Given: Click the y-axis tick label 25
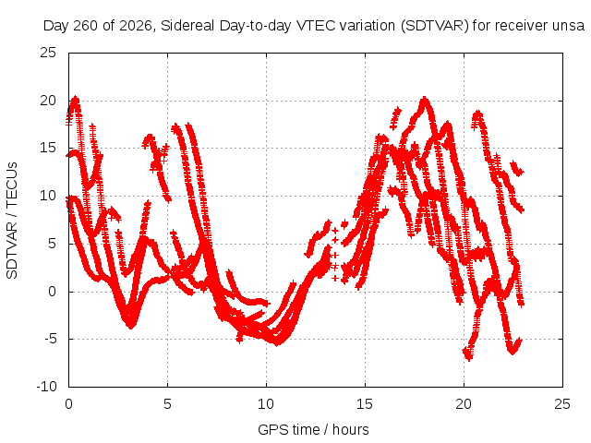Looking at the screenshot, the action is click(x=48, y=53).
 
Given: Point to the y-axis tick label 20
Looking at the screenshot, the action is click(x=48, y=101).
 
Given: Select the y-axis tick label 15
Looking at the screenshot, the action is click(x=48, y=148).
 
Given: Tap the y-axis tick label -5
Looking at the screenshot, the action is click(x=50, y=339).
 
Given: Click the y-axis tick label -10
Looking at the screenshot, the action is click(x=46, y=386).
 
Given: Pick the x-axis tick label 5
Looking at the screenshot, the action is click(x=167, y=404).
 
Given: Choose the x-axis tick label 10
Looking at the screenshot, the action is click(x=266, y=404).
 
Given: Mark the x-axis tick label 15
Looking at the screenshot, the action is click(x=365, y=404).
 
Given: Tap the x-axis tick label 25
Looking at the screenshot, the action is click(x=562, y=404).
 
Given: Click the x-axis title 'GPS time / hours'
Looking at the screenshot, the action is click(x=313, y=429).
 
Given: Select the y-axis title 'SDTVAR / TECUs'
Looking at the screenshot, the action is click(x=12, y=221).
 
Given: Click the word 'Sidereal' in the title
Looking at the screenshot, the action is click(x=187, y=26).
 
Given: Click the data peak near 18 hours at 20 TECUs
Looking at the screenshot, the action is click(x=425, y=100).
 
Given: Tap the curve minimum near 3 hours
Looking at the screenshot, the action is click(x=130, y=325).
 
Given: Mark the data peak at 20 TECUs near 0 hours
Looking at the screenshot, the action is click(x=76, y=100).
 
